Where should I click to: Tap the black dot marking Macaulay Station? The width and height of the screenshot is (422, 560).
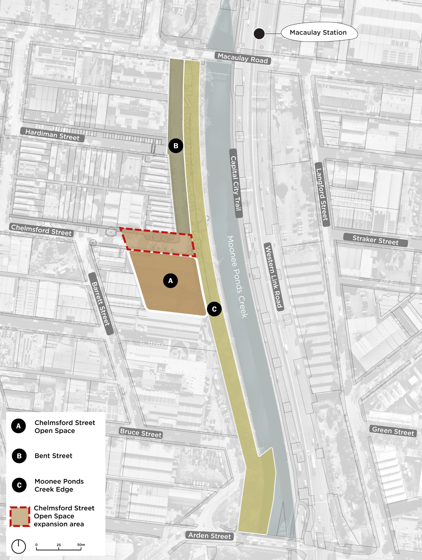coord(259,33)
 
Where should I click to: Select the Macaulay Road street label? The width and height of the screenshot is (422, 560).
coord(243,58)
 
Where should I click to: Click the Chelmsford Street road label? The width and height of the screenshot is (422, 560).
coord(41,230)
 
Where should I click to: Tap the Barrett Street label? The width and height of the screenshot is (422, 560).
coord(101,304)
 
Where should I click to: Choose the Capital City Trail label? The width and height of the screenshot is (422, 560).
coord(236,183)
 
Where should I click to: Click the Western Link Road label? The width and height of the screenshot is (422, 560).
coord(274,276)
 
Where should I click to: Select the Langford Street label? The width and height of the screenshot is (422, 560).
coord(322,194)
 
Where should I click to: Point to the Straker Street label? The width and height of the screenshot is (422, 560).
coord(375,240)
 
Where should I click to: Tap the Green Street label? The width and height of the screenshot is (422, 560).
coord(393,431)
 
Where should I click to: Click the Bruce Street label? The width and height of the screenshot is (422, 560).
coord(140,433)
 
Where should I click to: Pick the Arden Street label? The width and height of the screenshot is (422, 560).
coord(209,536)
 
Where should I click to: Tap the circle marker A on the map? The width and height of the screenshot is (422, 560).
coord(170,280)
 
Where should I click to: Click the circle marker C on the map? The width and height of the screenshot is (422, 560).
coord(214,309)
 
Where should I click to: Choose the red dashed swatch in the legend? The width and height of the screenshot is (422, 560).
coord(20,517)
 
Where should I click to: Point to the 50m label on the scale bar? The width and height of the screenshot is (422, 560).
coord(81,544)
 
